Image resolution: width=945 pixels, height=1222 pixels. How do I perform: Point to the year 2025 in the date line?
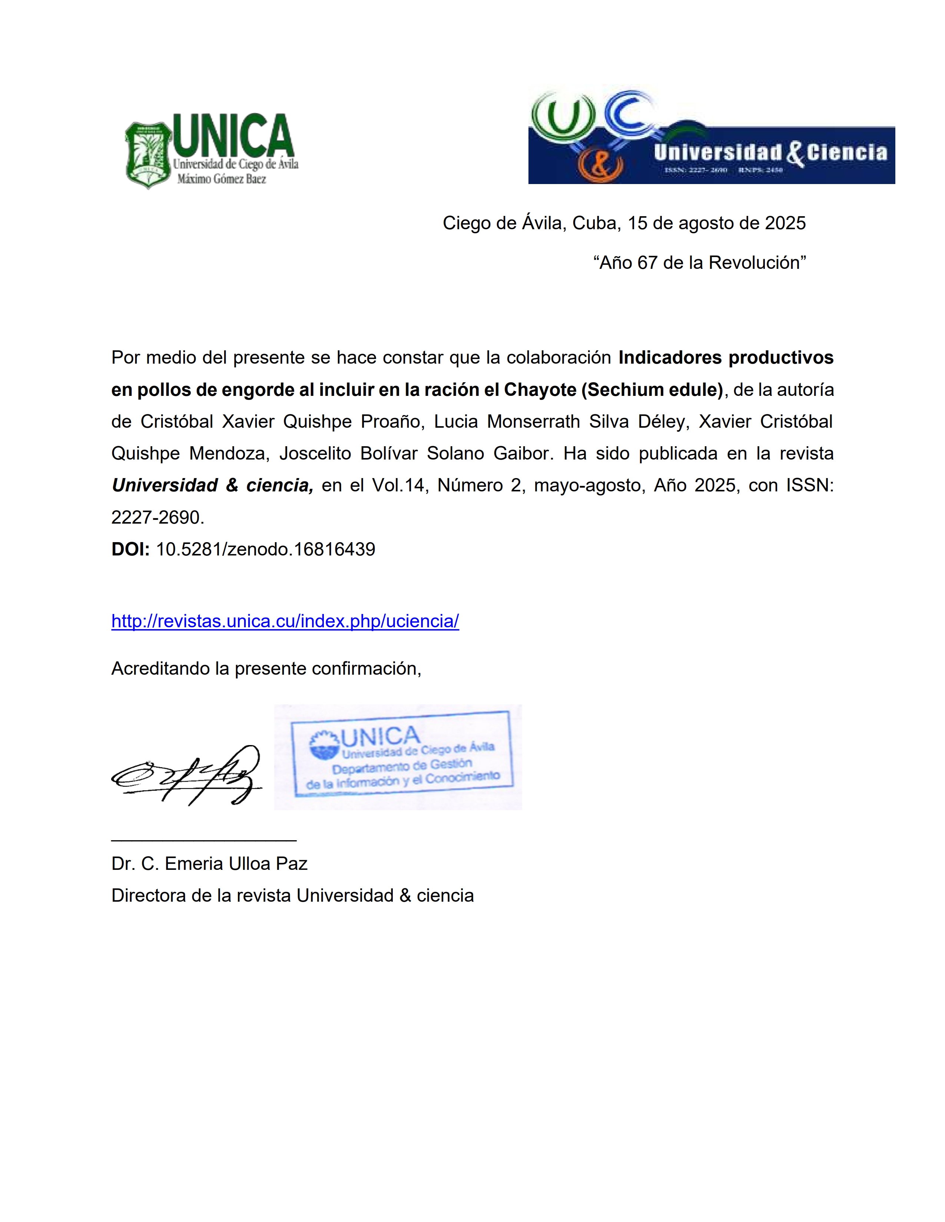tap(785, 223)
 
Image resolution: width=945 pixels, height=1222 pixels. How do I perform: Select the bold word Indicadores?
tap(669, 358)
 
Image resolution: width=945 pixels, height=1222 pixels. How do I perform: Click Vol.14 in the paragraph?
tap(399, 485)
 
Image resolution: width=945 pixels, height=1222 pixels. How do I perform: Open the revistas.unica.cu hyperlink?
tap(285, 621)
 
